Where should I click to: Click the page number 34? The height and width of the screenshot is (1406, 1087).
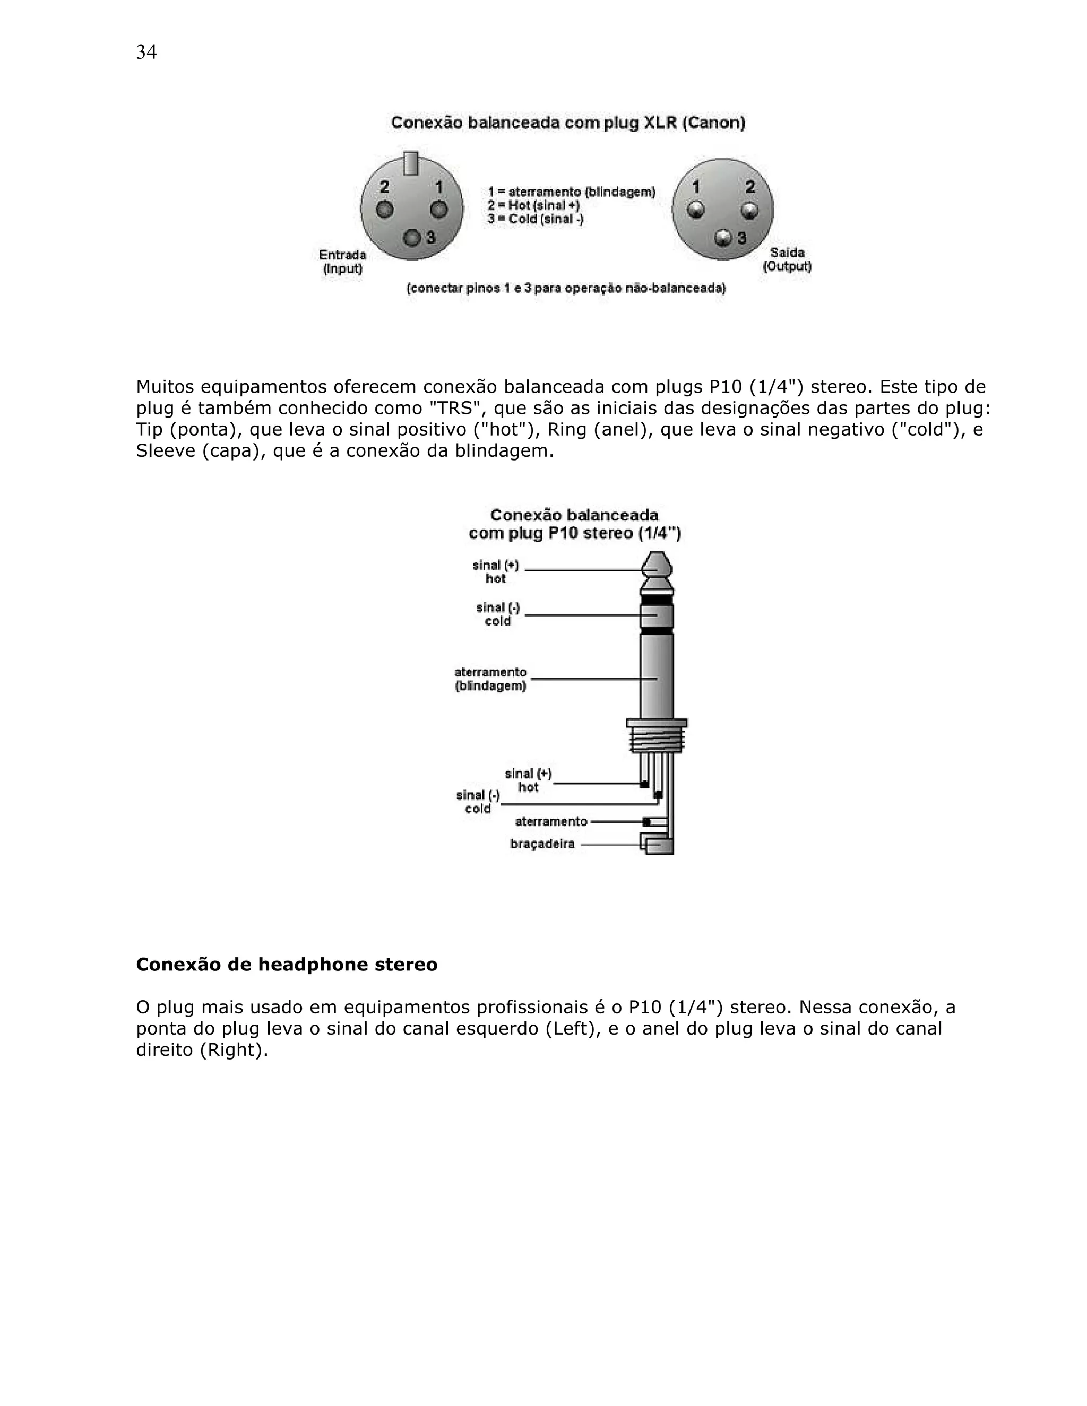pyautogui.click(x=146, y=52)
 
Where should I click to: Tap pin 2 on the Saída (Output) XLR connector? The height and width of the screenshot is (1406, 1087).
pyautogui.click(x=749, y=211)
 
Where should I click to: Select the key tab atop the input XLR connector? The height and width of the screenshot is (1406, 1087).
pyautogui.click(x=410, y=163)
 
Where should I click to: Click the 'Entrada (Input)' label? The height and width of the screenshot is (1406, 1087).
pyautogui.click(x=342, y=262)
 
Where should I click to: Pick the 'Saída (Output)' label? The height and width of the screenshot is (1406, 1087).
pyautogui.click(x=787, y=259)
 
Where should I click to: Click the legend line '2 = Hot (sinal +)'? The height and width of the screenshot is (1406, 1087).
pyautogui.click(x=533, y=205)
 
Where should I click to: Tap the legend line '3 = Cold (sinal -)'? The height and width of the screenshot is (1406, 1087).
pyautogui.click(x=535, y=220)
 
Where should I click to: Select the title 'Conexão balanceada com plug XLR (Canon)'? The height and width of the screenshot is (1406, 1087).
pyautogui.click(x=568, y=123)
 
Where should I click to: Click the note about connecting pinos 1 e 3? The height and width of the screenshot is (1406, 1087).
pyautogui.click(x=566, y=289)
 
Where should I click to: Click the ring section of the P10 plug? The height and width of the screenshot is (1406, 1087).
pyautogui.click(x=656, y=615)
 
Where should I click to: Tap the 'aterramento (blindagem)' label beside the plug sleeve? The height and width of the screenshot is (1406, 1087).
pyautogui.click(x=491, y=679)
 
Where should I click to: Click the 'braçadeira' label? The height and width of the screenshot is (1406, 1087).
pyautogui.click(x=542, y=844)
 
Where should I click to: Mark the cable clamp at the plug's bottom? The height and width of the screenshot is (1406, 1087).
pyautogui.click(x=658, y=844)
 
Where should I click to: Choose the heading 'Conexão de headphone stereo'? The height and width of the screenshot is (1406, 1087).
pyautogui.click(x=287, y=965)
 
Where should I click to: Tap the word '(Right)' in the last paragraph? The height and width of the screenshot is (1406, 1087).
pyautogui.click(x=234, y=1050)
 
